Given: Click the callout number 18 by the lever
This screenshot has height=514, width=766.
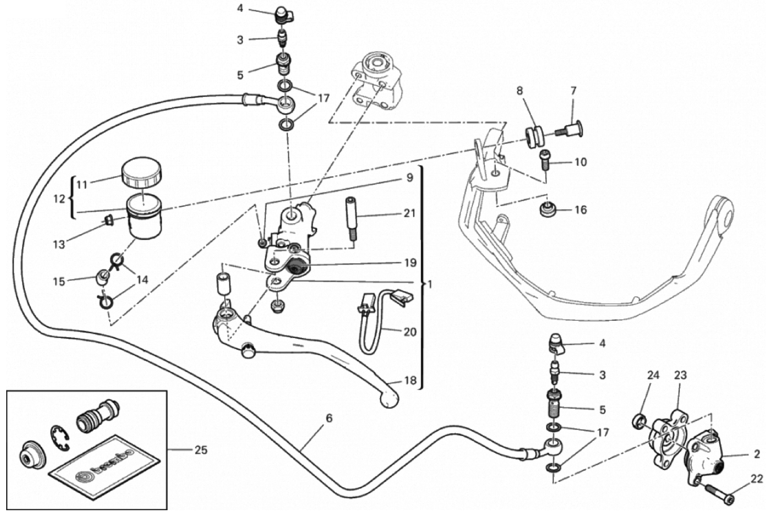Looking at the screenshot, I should [410, 381].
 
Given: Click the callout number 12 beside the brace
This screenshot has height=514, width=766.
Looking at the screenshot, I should [59, 199].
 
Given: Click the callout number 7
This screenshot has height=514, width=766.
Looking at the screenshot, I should [573, 91].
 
